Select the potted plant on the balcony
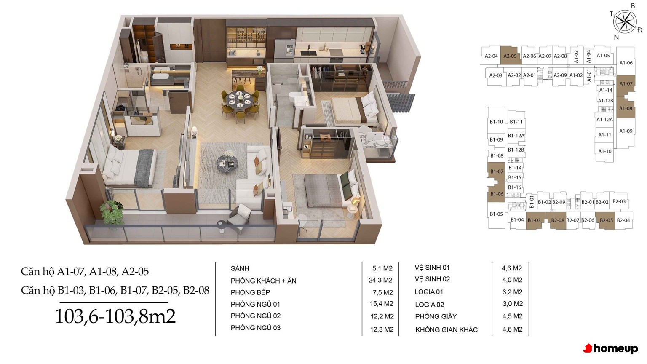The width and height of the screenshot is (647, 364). (x=111, y=213)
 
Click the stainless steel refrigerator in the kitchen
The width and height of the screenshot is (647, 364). (x=284, y=51)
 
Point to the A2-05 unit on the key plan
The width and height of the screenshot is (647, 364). (x=510, y=56)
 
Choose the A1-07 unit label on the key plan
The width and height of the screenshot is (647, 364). (x=626, y=84)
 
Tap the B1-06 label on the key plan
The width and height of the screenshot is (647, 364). (x=497, y=194)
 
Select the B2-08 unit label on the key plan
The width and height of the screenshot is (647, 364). (x=557, y=220)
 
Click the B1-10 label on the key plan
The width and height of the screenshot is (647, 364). (x=496, y=122)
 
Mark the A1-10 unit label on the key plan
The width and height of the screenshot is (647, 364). (x=605, y=151)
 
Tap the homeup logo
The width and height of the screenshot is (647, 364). (x=610, y=348)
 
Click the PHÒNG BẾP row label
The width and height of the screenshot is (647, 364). (x=250, y=292)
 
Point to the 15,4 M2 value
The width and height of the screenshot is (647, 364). (x=382, y=304)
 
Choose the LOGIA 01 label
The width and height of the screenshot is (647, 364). (x=429, y=292)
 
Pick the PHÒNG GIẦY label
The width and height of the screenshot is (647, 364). (x=436, y=316)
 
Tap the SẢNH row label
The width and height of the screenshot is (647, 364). (x=240, y=268)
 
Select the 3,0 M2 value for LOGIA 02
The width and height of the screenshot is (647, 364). (x=512, y=304)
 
